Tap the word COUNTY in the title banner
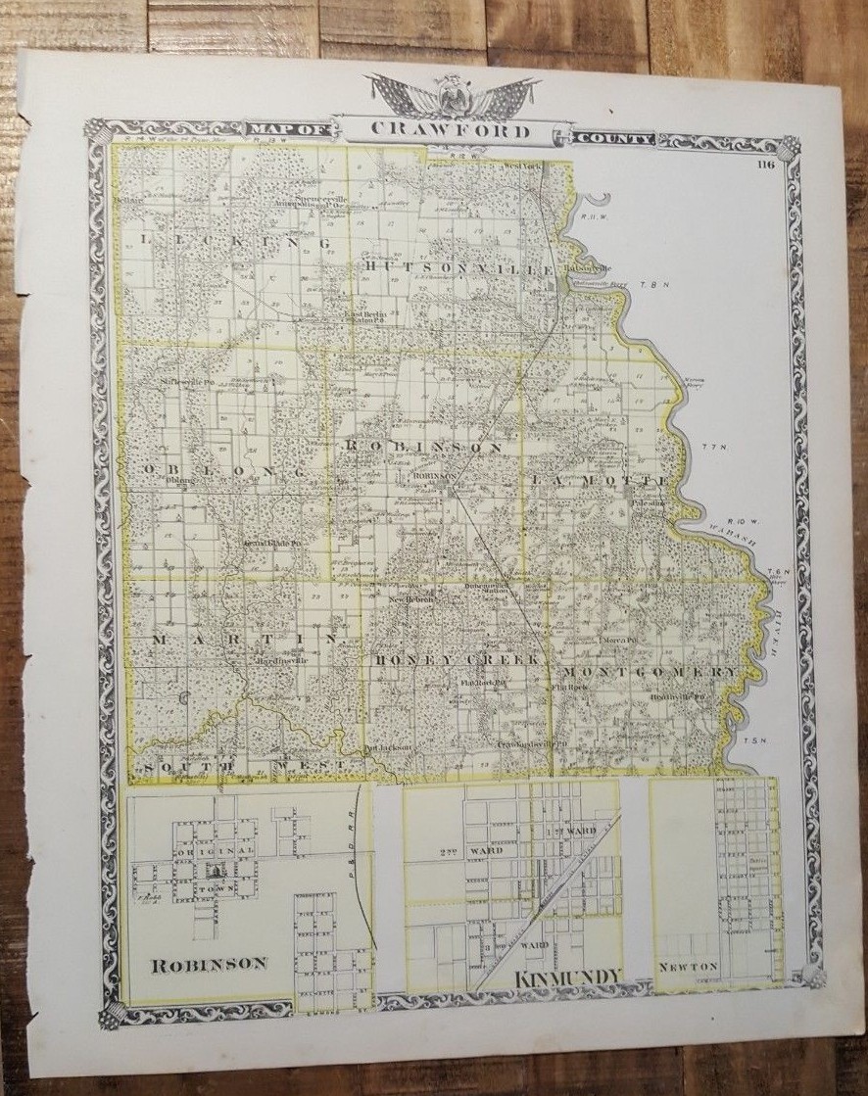[x=613, y=139]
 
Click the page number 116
[x=765, y=165]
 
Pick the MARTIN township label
[x=245, y=639]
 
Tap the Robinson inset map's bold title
[x=209, y=963]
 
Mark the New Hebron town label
[x=411, y=599]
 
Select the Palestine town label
[x=648, y=500]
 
